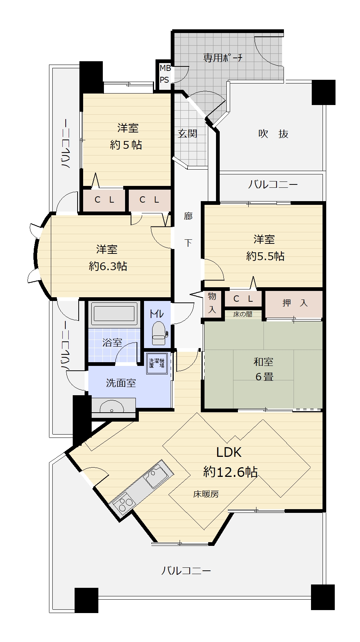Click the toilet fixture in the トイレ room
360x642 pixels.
159,333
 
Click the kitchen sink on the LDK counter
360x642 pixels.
156,479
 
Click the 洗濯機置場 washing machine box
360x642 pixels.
157,363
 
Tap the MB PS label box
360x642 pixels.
164,74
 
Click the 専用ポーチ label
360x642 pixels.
223,58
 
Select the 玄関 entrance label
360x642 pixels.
187,134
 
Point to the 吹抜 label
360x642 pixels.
274,134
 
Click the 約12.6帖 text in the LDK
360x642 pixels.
230,472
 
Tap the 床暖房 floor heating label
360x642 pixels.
206,494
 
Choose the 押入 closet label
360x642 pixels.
295,303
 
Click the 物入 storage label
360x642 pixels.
212,302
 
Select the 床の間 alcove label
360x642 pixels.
243,314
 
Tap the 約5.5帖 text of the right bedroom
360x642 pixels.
265,256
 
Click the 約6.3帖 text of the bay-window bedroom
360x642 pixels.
108,266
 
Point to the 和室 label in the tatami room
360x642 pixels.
264,362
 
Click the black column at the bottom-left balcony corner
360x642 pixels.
86,600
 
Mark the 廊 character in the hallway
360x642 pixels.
189,216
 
